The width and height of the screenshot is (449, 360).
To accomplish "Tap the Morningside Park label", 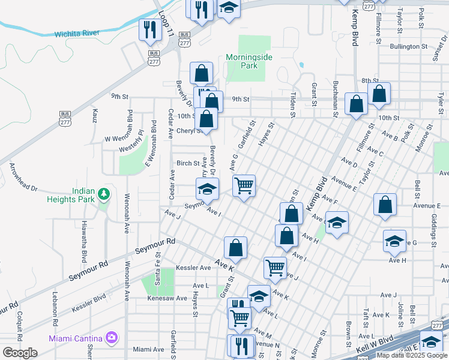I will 249,61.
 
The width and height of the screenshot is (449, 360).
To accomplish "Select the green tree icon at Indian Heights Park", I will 104,194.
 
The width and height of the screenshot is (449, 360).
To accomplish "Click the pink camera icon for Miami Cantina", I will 111,337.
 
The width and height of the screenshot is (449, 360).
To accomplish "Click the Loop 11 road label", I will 166,25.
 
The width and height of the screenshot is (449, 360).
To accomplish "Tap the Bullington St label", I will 408,46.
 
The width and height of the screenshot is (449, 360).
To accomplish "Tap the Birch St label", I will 187,163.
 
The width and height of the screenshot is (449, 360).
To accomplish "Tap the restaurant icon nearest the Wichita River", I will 148,29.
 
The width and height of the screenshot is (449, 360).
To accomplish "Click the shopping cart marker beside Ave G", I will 244,185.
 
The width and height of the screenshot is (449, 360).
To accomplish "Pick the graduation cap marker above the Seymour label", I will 207,188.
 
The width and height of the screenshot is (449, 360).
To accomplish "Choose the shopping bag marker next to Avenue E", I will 385,204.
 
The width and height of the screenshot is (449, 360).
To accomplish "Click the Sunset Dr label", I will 436,52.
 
